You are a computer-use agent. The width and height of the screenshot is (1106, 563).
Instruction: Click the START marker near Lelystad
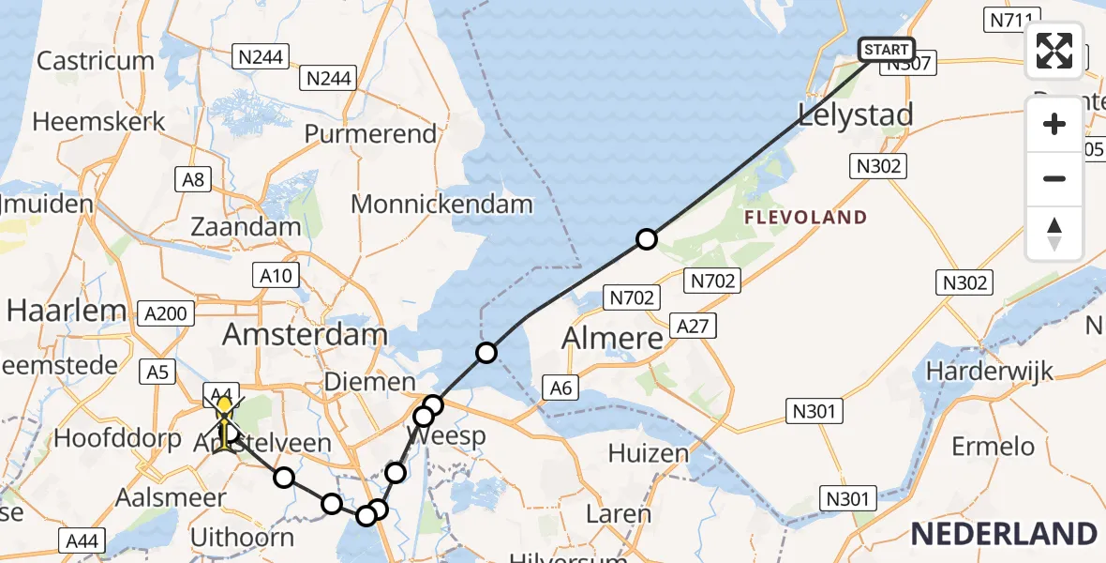886,50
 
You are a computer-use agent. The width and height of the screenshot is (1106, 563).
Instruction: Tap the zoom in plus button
1054,125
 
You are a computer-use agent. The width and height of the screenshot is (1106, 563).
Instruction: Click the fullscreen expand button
1054,51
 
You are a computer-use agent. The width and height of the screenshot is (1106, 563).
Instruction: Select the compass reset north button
1054,234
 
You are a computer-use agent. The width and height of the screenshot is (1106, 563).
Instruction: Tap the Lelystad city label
855,115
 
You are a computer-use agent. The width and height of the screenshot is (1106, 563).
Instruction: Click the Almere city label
612,338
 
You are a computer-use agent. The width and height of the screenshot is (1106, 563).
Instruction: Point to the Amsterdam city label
305,335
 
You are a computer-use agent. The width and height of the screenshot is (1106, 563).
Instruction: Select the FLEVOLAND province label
806,218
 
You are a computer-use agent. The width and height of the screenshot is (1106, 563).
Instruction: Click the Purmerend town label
371,132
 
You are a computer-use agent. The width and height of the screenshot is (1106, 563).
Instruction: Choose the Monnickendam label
441,204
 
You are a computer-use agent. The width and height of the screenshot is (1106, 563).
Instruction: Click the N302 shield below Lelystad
878,166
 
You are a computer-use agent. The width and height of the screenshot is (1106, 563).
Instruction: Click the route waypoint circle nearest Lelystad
647,239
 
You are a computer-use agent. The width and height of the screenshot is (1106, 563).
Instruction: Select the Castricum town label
95,61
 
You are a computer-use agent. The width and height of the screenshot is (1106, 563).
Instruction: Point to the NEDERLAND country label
1003,534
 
